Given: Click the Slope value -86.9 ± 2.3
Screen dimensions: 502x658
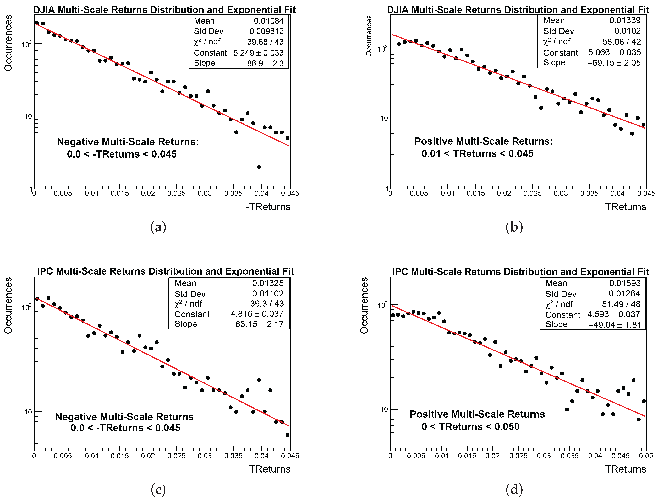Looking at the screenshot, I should pos(263,63).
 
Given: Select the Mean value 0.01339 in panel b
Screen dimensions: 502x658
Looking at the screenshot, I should pos(625,20).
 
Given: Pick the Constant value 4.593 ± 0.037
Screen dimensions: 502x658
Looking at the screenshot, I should pos(613,314).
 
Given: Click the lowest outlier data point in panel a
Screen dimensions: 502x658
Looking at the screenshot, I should pos(259,167).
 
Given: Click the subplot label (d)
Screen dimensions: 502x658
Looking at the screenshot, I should pos(514,489).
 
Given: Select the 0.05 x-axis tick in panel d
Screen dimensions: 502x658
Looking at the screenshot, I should pos(646,456).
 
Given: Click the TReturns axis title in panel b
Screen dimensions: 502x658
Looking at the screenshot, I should pos(625,207).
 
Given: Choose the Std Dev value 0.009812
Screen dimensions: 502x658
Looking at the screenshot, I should pos(266,31).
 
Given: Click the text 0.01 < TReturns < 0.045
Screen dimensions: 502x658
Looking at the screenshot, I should pos(477,154).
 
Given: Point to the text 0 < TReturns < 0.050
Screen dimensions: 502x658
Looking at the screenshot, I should pos(470,426).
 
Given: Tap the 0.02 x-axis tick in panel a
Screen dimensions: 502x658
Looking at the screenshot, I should pos(148,194).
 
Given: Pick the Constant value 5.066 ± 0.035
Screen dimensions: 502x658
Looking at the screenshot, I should pos(614,53).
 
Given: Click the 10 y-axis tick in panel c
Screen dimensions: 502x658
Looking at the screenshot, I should pos(28,412).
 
